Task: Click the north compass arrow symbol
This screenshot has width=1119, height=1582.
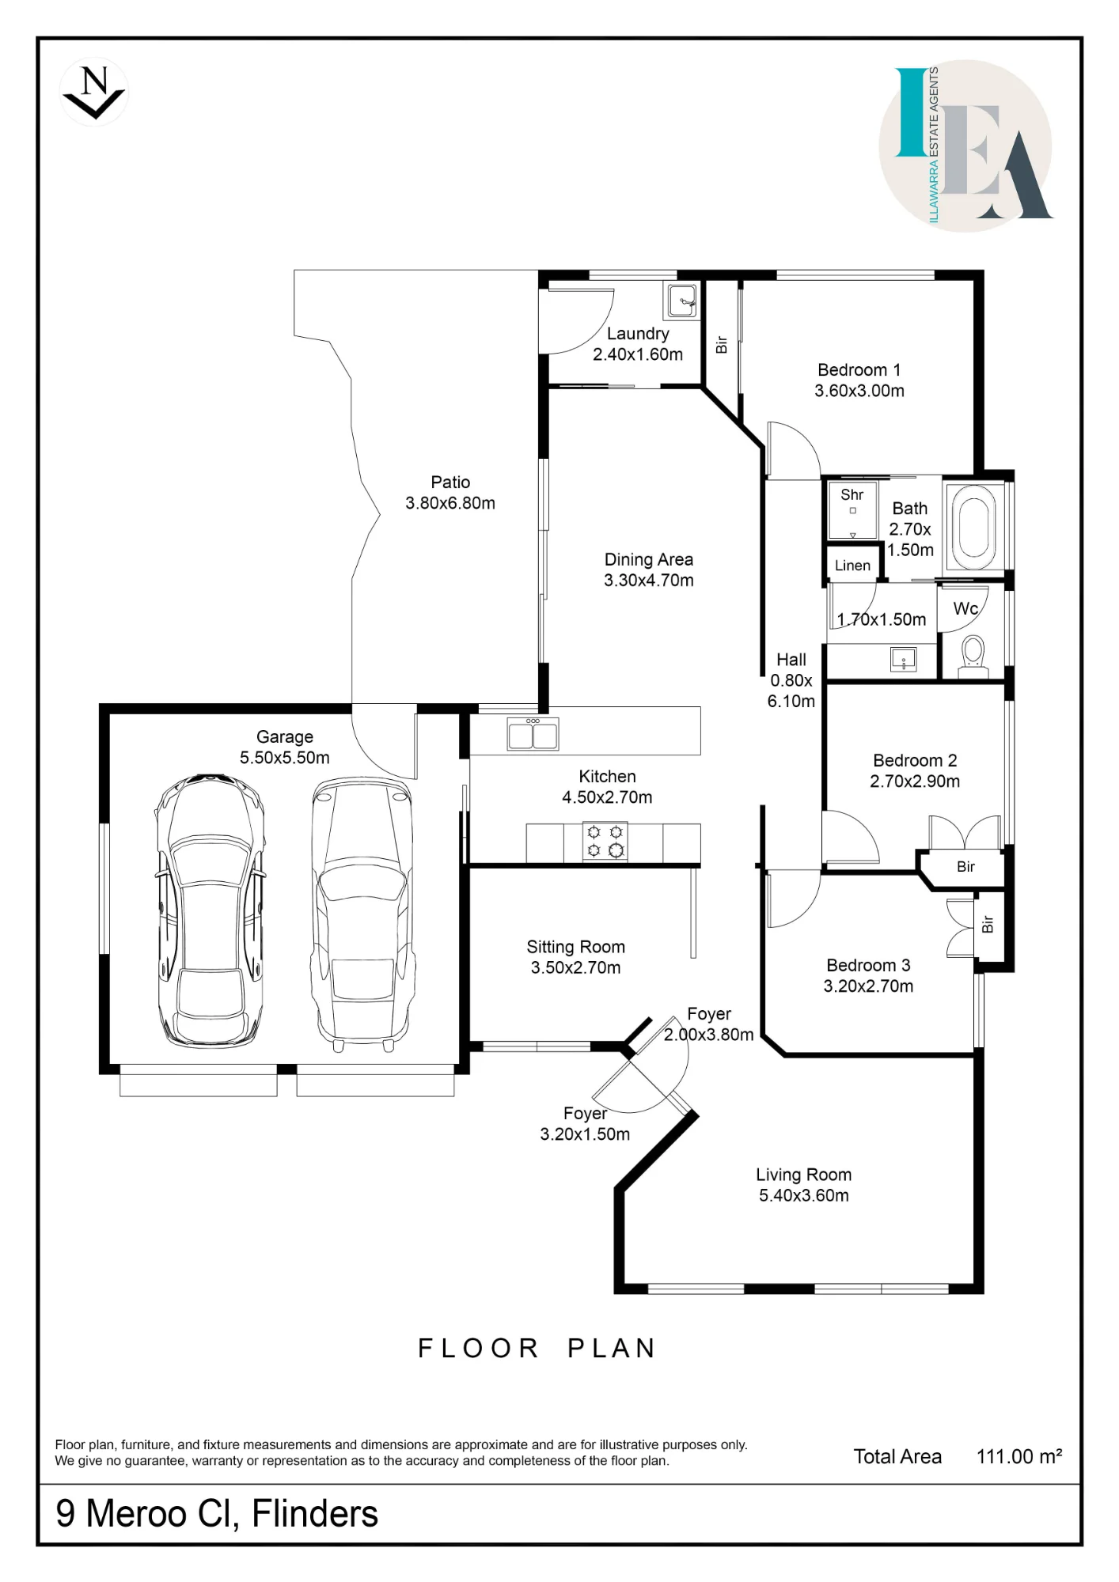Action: coord(94,92)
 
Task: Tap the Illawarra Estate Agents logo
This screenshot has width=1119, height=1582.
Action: coord(966,146)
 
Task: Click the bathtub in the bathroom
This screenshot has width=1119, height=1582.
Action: coord(973,526)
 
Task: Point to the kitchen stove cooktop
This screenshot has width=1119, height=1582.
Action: coord(605,842)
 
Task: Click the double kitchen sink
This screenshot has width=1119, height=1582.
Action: coord(533,733)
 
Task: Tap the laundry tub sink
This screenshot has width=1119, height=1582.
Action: coord(681,301)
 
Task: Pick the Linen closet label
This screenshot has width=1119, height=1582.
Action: coord(852,566)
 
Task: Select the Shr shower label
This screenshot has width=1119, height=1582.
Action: coord(852,495)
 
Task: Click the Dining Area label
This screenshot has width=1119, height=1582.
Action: coord(649,559)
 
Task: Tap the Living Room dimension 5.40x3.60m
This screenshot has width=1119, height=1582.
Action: coord(804,1195)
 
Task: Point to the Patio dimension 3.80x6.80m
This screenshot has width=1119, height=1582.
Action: coord(450,503)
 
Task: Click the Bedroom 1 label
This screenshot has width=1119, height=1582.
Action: coord(859,369)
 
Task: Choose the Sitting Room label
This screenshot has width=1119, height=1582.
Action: coord(576,947)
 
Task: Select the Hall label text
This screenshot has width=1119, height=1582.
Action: coord(791,660)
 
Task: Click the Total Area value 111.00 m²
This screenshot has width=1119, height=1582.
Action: coord(1019,1456)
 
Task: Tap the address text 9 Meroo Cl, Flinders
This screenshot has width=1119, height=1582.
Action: coord(217,1513)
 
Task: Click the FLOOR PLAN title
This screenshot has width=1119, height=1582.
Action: coord(537,1349)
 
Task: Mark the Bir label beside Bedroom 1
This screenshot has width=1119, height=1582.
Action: coord(722,345)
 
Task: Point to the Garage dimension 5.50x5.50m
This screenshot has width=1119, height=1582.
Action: coord(285,758)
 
